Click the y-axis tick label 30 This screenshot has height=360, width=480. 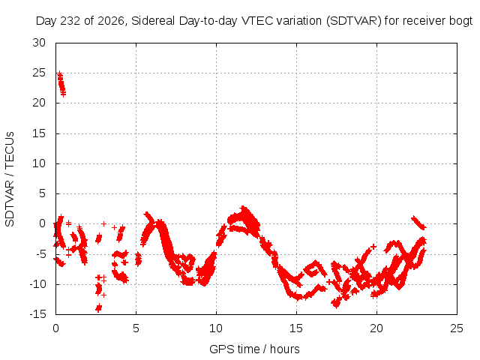pyautogui.click(x=39, y=43)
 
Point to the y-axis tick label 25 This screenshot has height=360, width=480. pyautogui.click(x=39, y=73)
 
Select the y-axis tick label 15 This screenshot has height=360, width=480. pyautogui.click(x=39, y=133)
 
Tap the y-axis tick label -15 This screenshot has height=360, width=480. pyautogui.click(x=37, y=314)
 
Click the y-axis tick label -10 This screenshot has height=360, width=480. pyautogui.click(x=37, y=284)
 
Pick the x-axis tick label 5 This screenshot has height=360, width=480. pyautogui.click(x=136, y=328)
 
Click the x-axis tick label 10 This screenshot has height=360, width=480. pyautogui.click(x=216, y=328)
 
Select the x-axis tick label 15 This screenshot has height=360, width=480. pyautogui.click(x=296, y=328)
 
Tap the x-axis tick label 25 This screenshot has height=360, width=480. pyautogui.click(x=457, y=328)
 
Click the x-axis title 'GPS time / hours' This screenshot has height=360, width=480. pyautogui.click(x=254, y=349)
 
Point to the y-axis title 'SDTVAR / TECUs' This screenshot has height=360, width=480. pyautogui.click(x=10, y=179)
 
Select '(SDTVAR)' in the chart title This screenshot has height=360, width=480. pyautogui.click(x=353, y=21)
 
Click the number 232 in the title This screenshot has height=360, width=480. pyautogui.click(x=70, y=21)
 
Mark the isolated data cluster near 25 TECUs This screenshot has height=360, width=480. pyautogui.click(x=61, y=84)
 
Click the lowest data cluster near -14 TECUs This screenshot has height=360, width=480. pyautogui.click(x=98, y=307)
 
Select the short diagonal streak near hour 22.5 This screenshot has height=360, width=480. pyautogui.click(x=418, y=223)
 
